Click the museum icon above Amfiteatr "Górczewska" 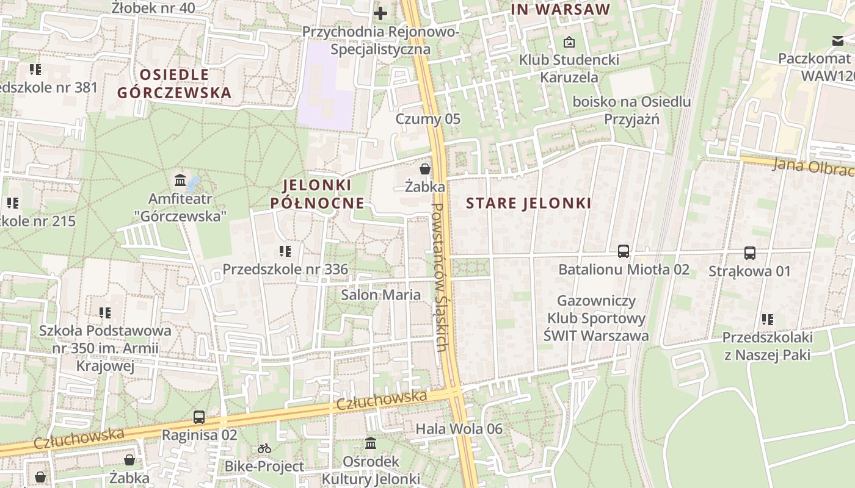180,180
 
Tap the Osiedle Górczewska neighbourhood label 175,84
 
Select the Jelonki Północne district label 318,194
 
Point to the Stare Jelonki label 529,203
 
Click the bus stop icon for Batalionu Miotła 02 624,251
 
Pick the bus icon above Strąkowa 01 750,253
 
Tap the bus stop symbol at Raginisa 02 199,417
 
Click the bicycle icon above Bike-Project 264,448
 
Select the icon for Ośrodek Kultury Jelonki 371,443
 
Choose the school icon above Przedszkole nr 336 285,251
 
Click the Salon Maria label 380,295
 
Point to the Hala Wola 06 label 459,429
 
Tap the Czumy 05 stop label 428,118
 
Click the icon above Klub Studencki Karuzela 569,42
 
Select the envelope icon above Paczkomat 837,41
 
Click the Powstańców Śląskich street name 441,278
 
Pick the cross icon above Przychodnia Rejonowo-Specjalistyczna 380,13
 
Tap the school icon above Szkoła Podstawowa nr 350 105,313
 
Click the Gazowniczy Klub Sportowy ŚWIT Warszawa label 597,318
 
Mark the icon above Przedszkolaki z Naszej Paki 768,319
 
